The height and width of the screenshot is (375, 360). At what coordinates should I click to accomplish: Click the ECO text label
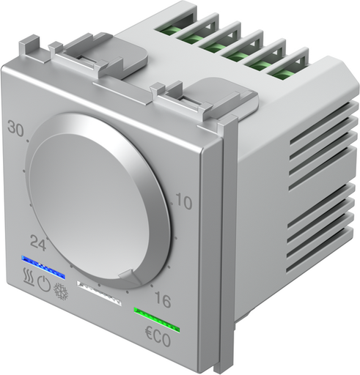coord(155,342)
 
